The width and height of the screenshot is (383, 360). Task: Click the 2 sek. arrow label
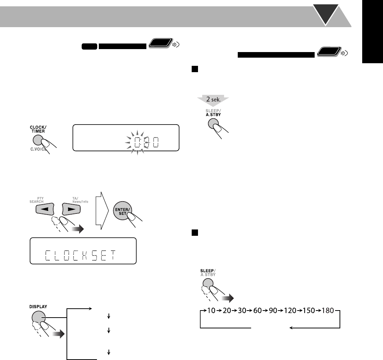click(x=212, y=100)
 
